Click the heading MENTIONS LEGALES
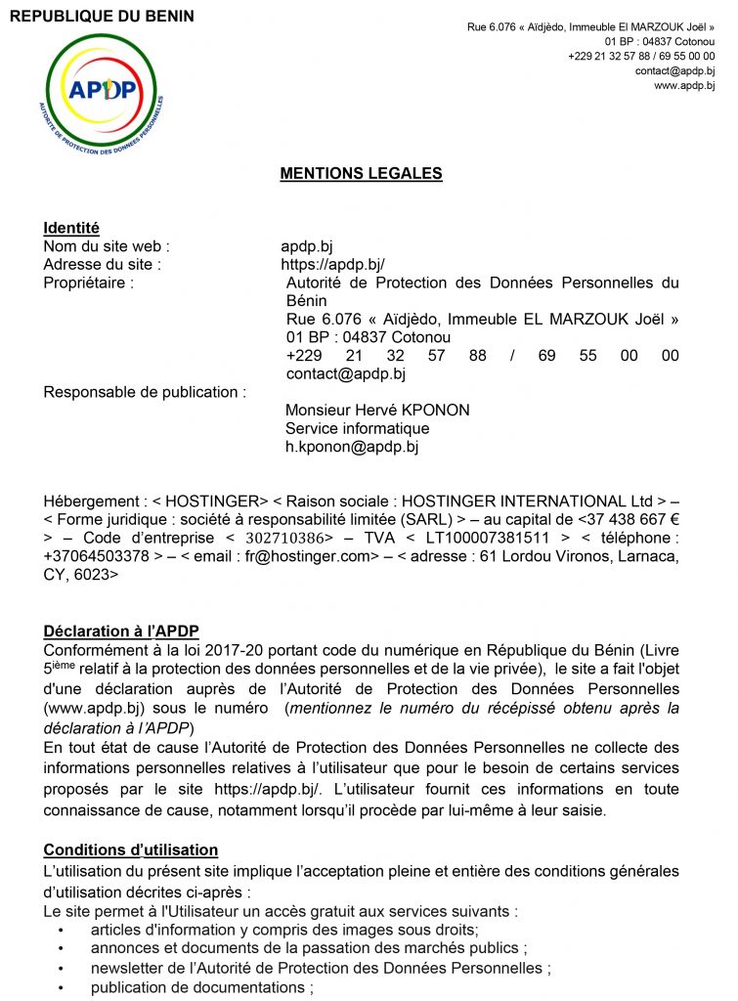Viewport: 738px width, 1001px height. tap(361, 174)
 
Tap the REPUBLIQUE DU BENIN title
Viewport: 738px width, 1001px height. tap(102, 17)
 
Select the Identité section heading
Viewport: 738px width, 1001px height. tap(71, 228)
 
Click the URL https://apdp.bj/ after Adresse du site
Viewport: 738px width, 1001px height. tap(332, 264)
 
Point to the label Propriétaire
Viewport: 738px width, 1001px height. tap(88, 283)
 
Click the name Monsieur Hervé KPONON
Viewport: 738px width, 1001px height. tap(376, 411)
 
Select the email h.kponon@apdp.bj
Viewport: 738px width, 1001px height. tap(351, 447)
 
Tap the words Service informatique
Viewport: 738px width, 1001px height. tap(357, 428)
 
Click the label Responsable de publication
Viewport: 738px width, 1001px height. tap(145, 392)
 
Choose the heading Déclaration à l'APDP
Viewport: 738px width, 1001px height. tap(121, 630)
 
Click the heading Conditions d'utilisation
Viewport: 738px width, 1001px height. tap(130, 850)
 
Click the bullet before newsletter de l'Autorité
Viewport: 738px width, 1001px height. tap(61, 968)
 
